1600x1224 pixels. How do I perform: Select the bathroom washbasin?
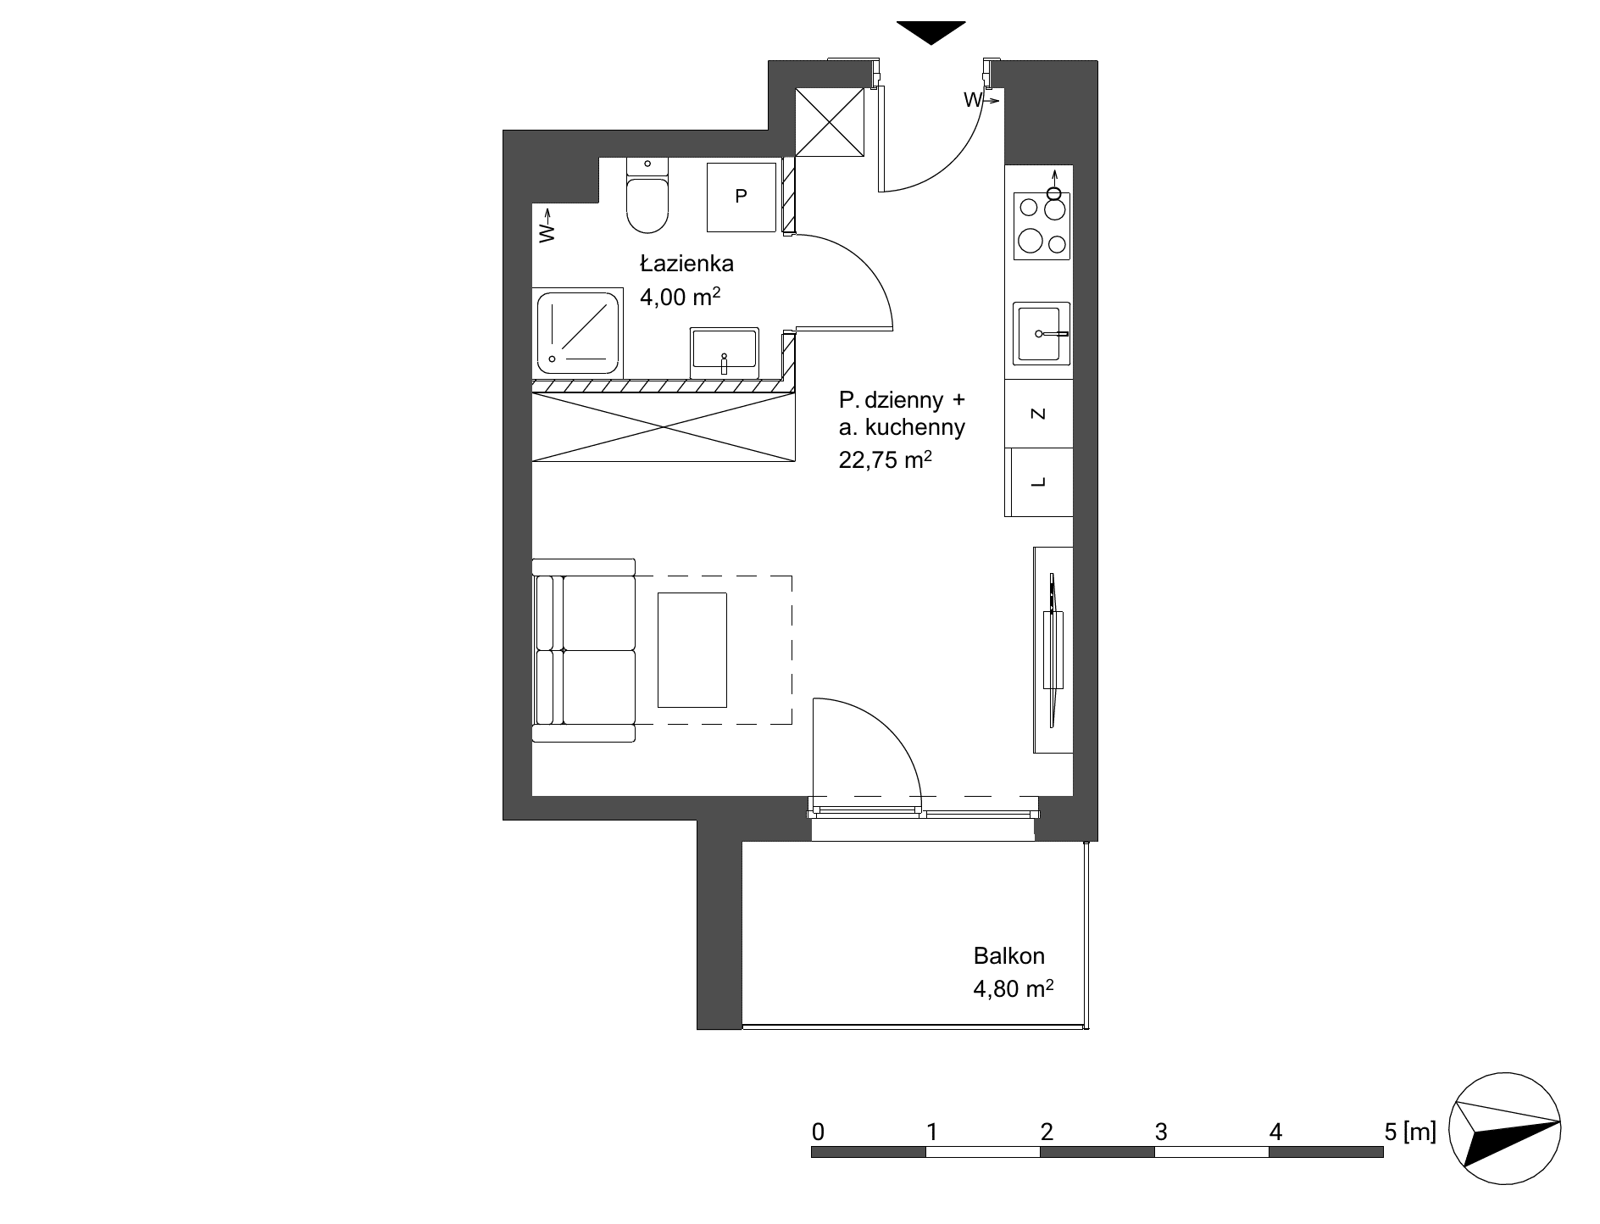point(725,353)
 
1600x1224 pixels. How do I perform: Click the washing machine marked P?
point(742,197)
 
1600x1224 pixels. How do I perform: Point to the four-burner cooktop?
point(1042,225)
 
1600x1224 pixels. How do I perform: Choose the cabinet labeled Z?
point(1039,414)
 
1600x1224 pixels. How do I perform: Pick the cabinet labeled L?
point(1039,482)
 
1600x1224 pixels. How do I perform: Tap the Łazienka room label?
point(686,264)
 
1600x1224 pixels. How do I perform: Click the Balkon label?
point(1008,956)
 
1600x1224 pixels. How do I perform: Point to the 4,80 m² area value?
point(1014,988)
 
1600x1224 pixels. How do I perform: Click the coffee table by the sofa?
point(692,650)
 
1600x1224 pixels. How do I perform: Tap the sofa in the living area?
point(584,650)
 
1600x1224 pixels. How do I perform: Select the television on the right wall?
point(1053,650)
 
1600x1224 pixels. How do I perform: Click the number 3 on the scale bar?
point(1161,1132)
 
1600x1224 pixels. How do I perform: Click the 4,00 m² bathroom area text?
point(681,297)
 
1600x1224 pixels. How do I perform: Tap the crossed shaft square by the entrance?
point(830,123)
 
